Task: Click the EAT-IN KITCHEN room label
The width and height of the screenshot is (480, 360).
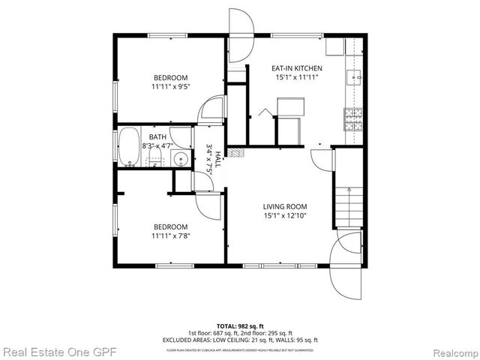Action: pos(296,68)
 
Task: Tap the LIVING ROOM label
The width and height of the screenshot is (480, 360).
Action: pos(285,206)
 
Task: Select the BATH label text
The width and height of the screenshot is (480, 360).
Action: pos(157,137)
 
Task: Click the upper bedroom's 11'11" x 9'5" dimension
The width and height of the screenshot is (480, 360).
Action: pos(170,87)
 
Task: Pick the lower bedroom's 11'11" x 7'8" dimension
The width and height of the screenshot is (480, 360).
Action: pos(170,236)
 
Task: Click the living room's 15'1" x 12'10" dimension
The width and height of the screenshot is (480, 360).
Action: pos(285,216)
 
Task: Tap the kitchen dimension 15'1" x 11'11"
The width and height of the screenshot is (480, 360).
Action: pos(296,77)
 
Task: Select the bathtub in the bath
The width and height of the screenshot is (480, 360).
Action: pos(129,146)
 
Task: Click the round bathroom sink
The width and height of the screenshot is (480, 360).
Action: pos(180,159)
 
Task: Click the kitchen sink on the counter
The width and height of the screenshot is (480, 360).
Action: pos(353,76)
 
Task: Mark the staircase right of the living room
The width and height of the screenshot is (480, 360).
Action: pos(349,206)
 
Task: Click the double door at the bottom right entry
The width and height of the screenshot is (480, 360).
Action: pos(347,266)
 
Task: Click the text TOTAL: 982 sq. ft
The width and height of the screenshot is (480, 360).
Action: pos(239,325)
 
